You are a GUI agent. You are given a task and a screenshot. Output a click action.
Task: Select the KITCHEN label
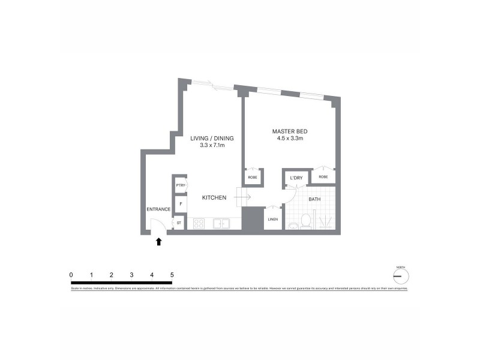(x=214, y=197)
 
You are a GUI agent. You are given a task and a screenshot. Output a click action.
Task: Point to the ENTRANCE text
(x=158, y=209)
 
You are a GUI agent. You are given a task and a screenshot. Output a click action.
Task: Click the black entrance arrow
(x=159, y=241)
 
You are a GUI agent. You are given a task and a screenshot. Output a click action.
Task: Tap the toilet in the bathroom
(x=306, y=222)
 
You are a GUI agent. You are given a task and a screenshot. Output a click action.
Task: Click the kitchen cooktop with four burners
(x=200, y=224)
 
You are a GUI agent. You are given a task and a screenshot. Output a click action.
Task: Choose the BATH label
(x=314, y=199)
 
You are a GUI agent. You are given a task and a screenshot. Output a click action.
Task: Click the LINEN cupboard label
(x=272, y=220)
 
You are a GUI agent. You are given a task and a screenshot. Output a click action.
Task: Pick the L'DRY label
(x=296, y=178)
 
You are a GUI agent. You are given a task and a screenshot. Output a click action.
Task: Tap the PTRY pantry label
(x=180, y=186)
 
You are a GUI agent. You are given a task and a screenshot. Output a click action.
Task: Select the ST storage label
(x=179, y=223)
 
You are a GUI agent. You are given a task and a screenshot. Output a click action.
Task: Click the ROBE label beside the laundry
(x=323, y=178)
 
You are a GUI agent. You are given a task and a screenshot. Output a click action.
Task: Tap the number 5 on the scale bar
(x=172, y=275)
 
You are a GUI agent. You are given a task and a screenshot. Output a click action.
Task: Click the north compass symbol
(x=400, y=275)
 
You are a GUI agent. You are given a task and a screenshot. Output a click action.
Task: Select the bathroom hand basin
(x=292, y=226)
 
